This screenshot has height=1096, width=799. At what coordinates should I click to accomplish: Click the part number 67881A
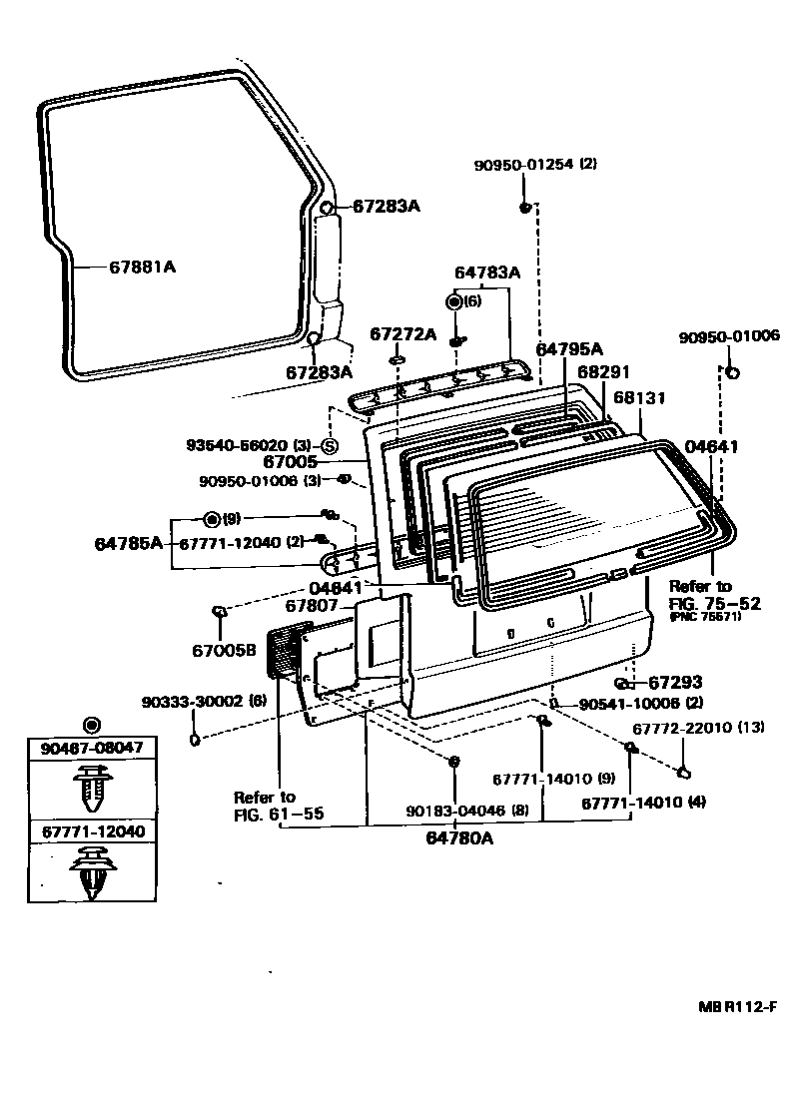point(143,267)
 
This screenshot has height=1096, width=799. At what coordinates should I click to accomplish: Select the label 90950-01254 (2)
point(536,166)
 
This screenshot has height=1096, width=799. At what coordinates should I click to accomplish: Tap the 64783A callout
point(487,272)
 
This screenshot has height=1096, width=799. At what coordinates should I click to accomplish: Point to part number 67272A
point(403,333)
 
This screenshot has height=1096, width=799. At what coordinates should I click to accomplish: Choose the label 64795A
point(569,349)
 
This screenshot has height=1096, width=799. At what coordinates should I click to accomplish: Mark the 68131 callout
point(639,396)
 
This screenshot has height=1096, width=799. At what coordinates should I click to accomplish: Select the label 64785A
point(128,543)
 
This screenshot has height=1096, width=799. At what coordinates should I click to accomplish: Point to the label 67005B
point(225,651)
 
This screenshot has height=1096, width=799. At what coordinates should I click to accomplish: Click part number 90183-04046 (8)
point(467,811)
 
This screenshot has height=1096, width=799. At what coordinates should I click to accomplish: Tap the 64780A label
point(459,839)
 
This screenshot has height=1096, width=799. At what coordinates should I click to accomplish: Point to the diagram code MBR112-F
point(737,1008)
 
